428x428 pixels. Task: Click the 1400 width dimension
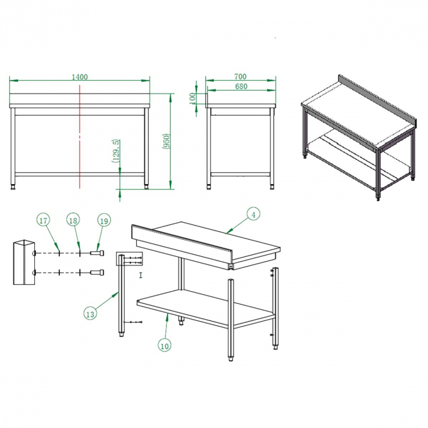point(79,77)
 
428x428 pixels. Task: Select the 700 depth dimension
point(240,76)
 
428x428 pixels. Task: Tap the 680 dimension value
point(241,86)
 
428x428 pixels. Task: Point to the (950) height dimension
point(166,141)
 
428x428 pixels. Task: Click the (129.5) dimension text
point(116,151)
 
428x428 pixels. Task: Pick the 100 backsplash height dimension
point(193,98)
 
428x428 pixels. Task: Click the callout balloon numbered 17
point(43,221)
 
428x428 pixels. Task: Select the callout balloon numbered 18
point(73,220)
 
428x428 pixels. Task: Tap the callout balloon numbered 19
point(104,221)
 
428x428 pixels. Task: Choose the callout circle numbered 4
point(253,215)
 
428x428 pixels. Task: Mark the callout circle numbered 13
point(90,314)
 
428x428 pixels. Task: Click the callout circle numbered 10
point(164,346)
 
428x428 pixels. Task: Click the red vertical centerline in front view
point(79,136)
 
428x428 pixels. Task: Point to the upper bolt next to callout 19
point(97,253)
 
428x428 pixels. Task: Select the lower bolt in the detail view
point(97,273)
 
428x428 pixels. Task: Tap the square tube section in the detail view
point(24,262)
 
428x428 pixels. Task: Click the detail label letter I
point(141,275)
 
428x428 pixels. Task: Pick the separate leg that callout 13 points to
point(122,295)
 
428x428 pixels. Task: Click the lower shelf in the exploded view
point(206,308)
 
